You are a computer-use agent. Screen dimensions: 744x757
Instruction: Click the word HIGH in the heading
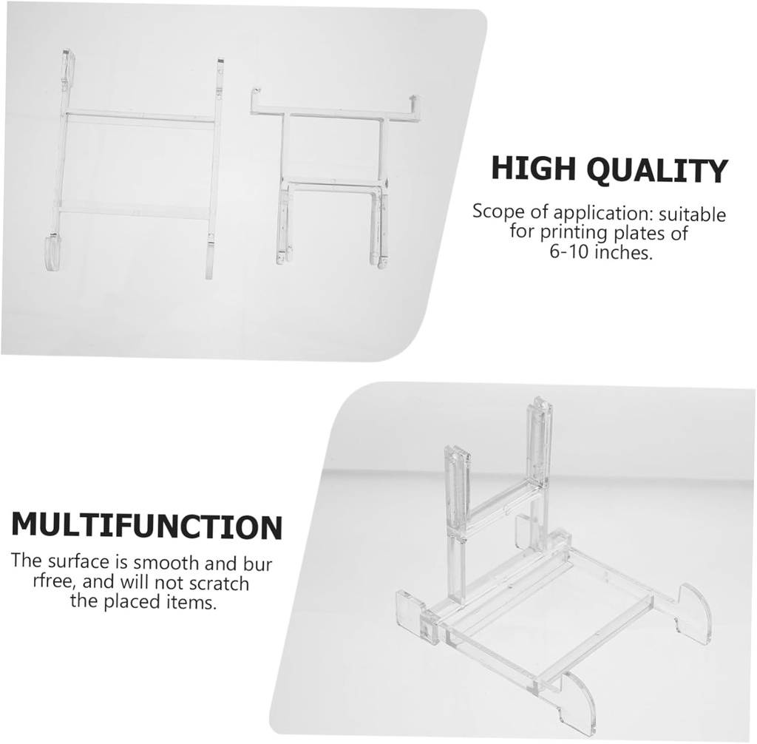pos(534,169)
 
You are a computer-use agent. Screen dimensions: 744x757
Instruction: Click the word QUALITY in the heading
pos(657,171)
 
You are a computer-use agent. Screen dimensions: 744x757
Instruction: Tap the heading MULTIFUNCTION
pos(146,526)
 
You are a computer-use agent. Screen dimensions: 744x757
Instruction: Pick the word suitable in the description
pos(693,214)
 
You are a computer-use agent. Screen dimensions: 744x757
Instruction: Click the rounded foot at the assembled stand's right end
pos(694,612)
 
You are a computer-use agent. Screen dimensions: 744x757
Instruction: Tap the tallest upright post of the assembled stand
pos(539,444)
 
